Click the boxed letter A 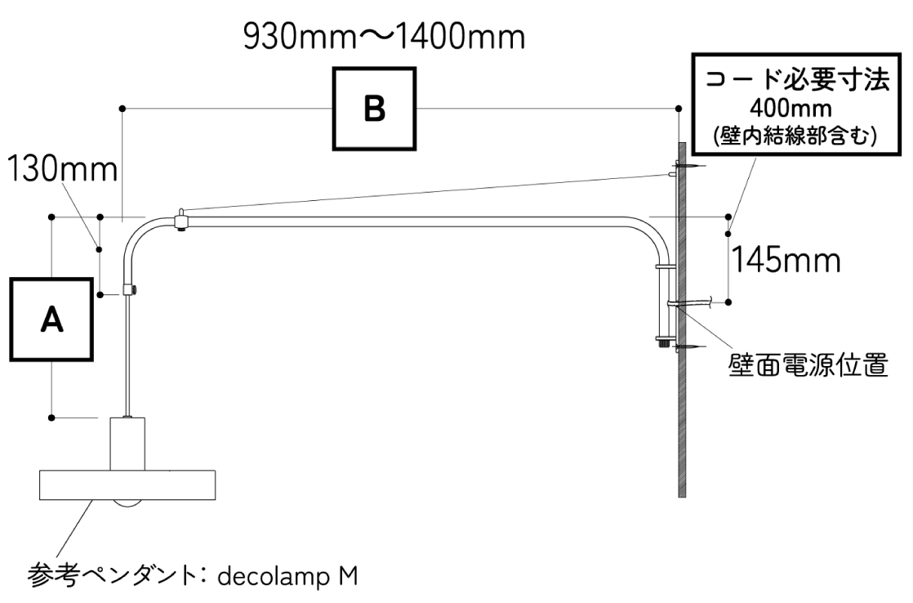[51, 320]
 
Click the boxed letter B [373, 109]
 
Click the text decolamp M [290, 575]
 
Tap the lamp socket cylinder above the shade [128, 442]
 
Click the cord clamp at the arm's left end [129, 289]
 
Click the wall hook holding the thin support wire [673, 172]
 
